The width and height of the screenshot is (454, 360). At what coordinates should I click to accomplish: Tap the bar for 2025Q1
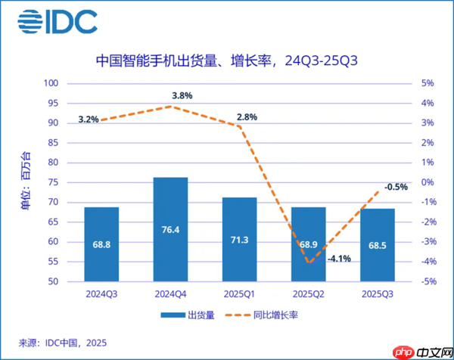point(239,239)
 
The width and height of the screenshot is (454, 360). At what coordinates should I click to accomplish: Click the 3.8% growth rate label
point(182,95)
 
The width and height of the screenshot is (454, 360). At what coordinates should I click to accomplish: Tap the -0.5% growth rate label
point(395,187)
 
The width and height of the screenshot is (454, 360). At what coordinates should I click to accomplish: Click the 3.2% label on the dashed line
point(89,119)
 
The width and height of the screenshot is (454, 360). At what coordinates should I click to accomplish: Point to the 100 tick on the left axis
point(51,83)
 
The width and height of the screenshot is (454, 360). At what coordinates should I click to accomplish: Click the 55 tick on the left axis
point(54,262)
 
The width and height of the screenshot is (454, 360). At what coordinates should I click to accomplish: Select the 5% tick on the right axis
point(426,83)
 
